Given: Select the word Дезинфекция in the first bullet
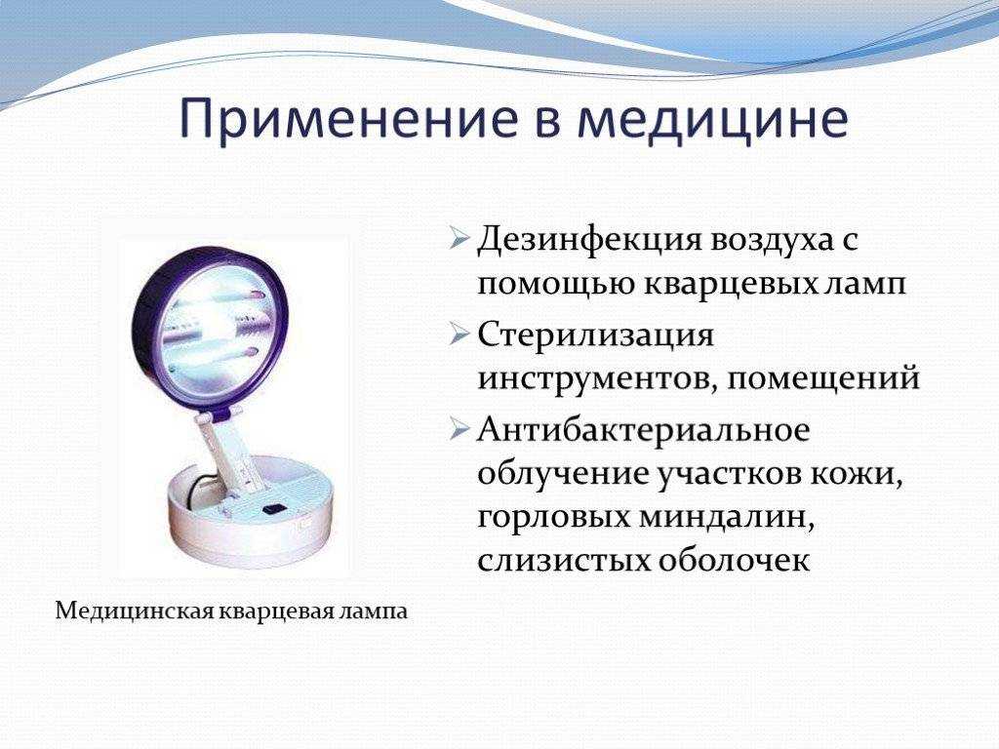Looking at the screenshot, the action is (x=586, y=242).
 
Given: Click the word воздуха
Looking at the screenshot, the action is (x=766, y=242).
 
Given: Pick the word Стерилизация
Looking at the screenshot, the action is (x=595, y=336).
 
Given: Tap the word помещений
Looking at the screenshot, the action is (x=824, y=380).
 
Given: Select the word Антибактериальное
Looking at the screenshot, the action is (x=644, y=430).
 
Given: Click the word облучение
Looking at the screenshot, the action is (x=561, y=474).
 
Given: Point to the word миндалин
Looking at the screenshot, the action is (x=727, y=517).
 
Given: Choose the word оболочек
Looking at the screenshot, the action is (x=734, y=561).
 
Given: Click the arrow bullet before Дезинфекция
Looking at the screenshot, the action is (x=459, y=238).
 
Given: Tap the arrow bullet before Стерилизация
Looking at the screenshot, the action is (x=459, y=334).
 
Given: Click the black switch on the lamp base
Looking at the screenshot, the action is (x=274, y=509).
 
